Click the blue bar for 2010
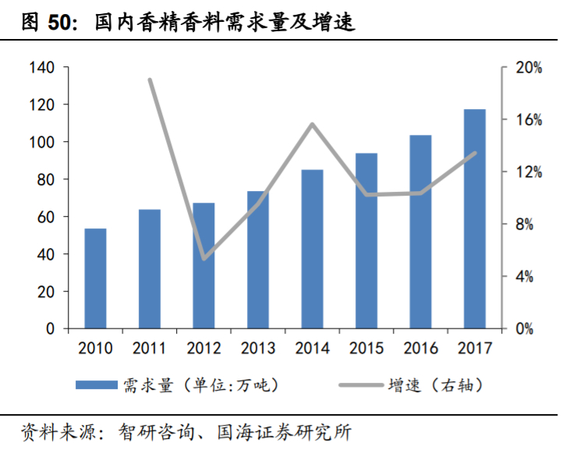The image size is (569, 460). point(95,278)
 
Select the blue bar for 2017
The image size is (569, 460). point(474,219)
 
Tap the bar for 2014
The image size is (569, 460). point(312,249)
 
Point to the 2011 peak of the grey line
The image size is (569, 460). point(150,80)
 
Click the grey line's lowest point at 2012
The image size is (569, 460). point(203,258)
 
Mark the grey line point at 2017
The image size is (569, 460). point(474,154)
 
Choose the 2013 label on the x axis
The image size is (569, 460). point(258,348)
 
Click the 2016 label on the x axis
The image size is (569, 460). point(420,348)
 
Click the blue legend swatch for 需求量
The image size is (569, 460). point(97,384)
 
